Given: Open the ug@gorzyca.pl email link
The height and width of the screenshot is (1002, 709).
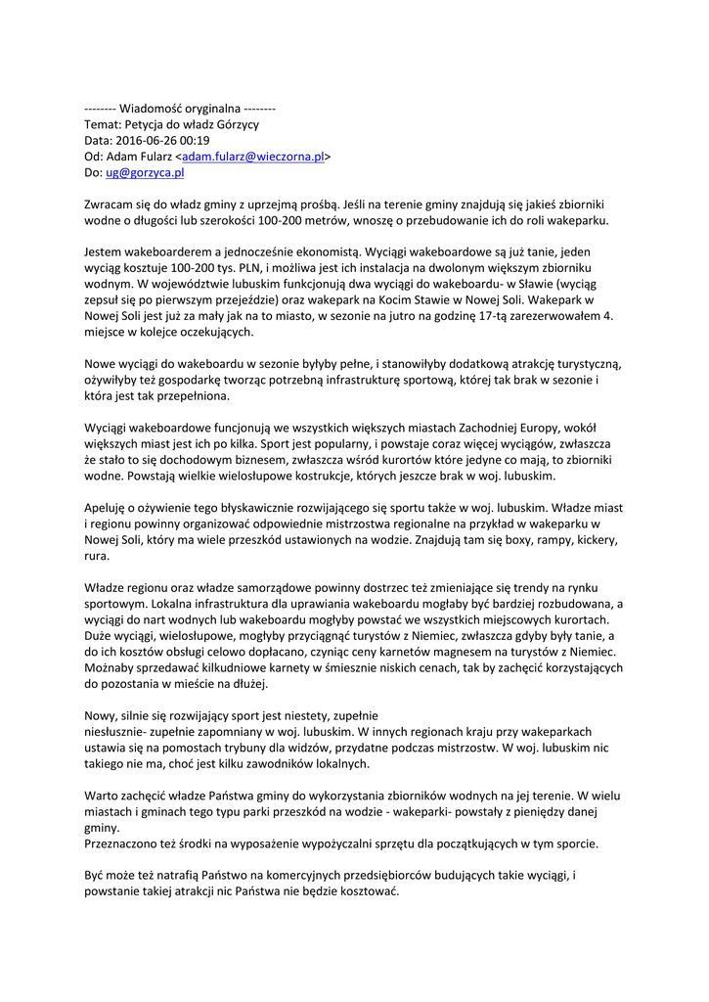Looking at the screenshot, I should tap(145, 172).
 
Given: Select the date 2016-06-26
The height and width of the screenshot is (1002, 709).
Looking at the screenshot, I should tap(150, 140).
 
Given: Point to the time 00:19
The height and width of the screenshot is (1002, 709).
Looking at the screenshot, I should tap(196, 140).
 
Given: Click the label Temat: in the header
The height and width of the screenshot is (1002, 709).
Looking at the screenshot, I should tap(104, 124).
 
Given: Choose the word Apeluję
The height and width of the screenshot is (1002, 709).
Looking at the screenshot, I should tap(109, 507).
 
